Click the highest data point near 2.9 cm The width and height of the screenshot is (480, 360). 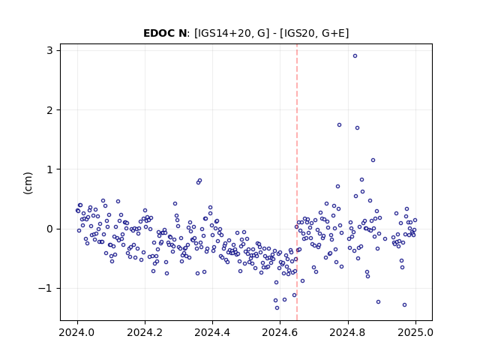click(355, 56)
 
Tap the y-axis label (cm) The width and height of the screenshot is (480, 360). click(28, 183)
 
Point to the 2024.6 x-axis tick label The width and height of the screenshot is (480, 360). click(280, 332)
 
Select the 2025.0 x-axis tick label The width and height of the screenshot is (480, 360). click(415, 332)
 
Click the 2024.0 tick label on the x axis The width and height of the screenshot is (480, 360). click(77, 332)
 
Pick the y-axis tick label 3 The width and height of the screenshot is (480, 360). click(50, 50)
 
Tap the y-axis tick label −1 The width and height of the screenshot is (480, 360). click(46, 288)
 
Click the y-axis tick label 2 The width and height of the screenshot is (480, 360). click(50, 110)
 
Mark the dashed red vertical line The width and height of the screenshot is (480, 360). click(297, 182)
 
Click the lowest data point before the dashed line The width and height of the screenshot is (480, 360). click(277, 308)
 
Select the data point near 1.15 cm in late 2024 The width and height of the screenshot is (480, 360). click(373, 160)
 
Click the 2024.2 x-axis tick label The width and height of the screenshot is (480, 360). click(145, 332)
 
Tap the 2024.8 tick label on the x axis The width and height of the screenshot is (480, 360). click(347, 332)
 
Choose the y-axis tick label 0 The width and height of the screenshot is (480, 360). click(50, 229)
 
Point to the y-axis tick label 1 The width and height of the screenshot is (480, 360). click(50, 169)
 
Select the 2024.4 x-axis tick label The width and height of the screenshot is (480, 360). click(212, 332)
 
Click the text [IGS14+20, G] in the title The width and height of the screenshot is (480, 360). click(232, 33)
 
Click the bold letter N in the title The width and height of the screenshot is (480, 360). click(182, 33)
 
